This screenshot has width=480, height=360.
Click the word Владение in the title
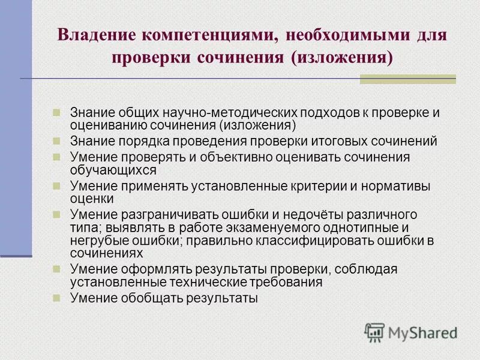(x=95, y=34)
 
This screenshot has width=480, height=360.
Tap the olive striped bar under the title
(x=407, y=79)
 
